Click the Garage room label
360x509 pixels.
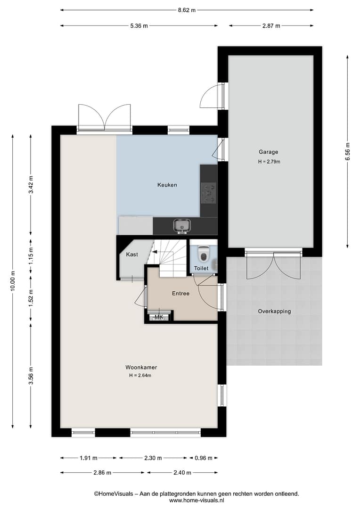tap(268, 152)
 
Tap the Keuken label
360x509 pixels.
tap(167, 185)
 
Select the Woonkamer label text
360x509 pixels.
tap(141, 367)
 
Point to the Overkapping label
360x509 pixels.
tap(274, 311)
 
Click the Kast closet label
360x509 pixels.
tap(132, 254)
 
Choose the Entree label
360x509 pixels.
tap(180, 293)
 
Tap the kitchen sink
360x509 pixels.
tap(182, 225)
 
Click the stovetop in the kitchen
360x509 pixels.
tap(208, 193)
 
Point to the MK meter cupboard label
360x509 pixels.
tap(159, 317)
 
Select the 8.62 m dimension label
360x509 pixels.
tap(187, 10)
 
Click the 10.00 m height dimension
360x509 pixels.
tap(13, 281)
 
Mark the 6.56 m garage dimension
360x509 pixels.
tap(348, 152)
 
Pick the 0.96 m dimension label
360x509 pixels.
tap(203, 458)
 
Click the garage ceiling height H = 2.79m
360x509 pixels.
tap(269, 161)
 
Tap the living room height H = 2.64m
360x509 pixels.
tap(140, 375)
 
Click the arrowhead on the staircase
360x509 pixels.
tap(155, 251)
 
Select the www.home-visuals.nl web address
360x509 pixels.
tap(196, 500)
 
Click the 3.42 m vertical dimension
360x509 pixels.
tap(31, 184)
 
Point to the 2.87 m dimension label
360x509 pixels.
tap(271, 25)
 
